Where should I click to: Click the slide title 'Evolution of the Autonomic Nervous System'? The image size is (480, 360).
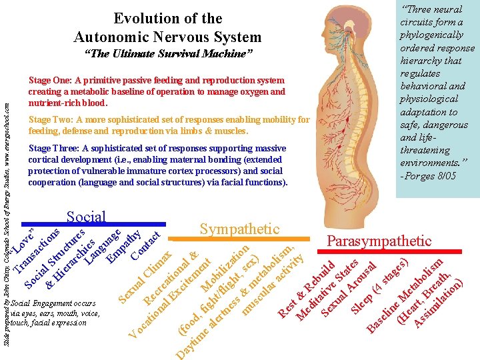click(x=167, y=28)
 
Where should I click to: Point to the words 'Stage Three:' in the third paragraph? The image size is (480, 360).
click(x=57, y=148)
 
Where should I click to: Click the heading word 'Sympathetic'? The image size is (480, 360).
click(x=240, y=229)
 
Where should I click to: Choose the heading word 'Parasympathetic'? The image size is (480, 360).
click(x=380, y=241)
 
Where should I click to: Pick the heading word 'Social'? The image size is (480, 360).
click(x=87, y=216)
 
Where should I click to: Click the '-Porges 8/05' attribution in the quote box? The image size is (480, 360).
click(x=428, y=176)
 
